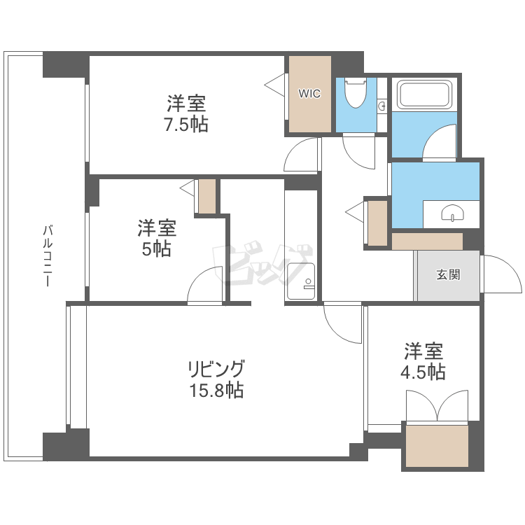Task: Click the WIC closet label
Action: (309, 93)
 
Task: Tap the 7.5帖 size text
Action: (186, 125)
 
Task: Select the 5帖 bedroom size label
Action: (156, 248)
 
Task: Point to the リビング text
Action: (216, 370)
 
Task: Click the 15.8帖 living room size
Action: (216, 390)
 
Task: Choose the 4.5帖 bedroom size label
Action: (423, 372)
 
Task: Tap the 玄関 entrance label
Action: (448, 275)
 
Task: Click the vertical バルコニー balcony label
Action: (48, 256)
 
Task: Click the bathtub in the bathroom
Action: (424, 94)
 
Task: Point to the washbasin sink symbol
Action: (453, 213)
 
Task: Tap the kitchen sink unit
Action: (301, 281)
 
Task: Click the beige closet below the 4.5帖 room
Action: (437, 446)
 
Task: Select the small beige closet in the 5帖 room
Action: (207, 196)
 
